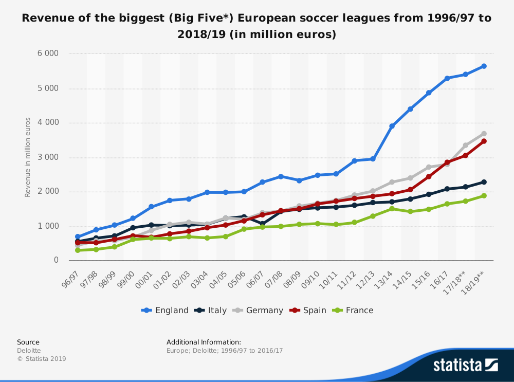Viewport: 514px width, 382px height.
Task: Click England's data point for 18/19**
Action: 484,66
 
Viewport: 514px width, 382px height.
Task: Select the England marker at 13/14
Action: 392,126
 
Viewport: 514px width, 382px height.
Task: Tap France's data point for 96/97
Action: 78,250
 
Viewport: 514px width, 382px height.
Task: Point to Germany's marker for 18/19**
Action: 484,134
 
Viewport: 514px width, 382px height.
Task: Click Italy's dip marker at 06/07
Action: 262,224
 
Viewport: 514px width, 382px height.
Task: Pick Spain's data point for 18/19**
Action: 484,141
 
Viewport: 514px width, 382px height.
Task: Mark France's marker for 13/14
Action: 392,209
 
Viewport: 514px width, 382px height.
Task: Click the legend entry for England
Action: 166,311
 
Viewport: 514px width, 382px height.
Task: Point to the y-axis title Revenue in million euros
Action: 28,157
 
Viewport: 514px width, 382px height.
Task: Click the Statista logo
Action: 465,365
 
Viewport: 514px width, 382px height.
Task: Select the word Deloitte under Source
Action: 29,351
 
